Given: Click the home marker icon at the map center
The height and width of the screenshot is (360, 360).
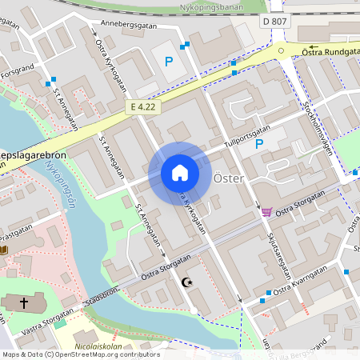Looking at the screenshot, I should [180, 172].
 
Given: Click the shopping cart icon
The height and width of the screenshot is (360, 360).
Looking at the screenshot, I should [266, 212].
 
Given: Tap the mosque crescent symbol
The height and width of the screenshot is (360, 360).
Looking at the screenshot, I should [189, 283].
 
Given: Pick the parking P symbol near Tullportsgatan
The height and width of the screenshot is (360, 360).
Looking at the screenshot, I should [258, 144].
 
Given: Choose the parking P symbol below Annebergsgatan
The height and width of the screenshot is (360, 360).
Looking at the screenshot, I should [168, 61].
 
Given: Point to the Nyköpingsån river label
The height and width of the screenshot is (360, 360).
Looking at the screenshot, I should [59, 184].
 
